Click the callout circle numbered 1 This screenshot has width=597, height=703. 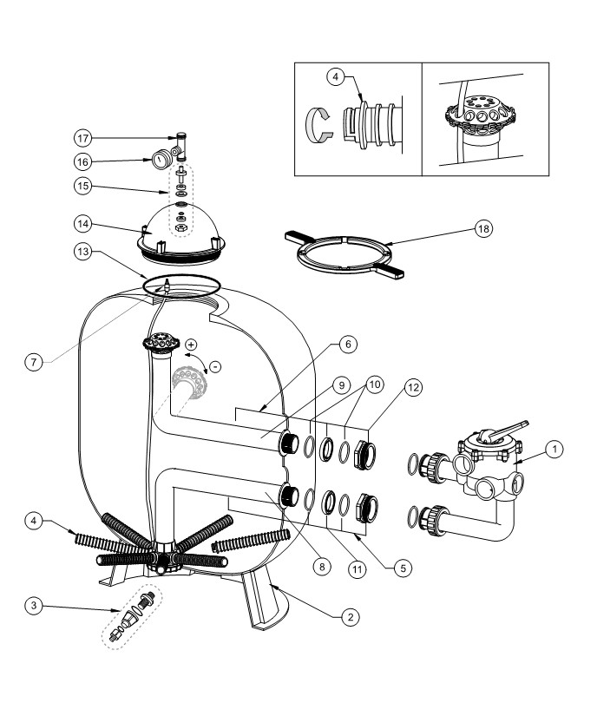pos(554,449)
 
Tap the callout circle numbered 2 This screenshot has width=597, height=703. pos(350,617)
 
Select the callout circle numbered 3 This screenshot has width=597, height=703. pos(34,606)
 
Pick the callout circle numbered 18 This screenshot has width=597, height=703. pos(483,228)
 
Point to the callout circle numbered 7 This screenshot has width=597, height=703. pos(34,362)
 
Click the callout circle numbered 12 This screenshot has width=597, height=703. pos(413,387)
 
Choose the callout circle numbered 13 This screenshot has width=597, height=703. pos(83,251)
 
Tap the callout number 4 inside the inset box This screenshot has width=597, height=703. pos(336,76)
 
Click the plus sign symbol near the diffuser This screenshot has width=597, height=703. pos(191,345)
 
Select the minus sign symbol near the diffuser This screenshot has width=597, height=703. pos(215,367)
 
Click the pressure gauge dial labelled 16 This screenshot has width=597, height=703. pos(161,159)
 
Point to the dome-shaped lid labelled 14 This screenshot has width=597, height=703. pos(180,235)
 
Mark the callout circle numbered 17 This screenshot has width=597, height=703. pos(83,138)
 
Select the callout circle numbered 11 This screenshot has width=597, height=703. pos(357,569)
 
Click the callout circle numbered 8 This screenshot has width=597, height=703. pos(322,567)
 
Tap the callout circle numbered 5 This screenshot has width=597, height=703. pos(403,568)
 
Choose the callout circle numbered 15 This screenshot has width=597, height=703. pos(83,186)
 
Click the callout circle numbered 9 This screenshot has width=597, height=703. pos(342,385)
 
